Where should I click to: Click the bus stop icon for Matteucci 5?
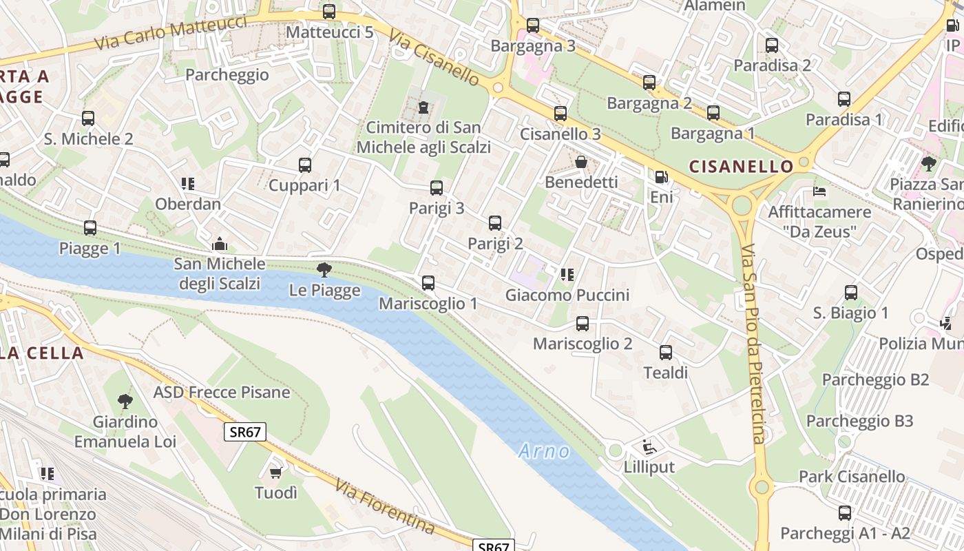(329, 12)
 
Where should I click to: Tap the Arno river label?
(544, 451)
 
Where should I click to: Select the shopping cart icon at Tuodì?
(276, 472)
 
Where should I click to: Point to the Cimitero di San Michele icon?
(423, 107)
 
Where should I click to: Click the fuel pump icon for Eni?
(661, 177)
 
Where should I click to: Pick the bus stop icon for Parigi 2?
(495, 223)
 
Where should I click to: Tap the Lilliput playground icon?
(649, 447)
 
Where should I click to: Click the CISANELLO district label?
(741, 167)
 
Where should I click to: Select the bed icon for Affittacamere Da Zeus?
(819, 191)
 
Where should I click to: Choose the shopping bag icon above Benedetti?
(581, 162)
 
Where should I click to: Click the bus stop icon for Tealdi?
(666, 353)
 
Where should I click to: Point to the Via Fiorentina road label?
(385, 506)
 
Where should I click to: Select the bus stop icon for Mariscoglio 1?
(428, 283)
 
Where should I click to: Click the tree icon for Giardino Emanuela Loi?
(125, 401)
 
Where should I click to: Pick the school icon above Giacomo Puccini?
(567, 275)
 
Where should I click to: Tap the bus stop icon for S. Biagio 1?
(851, 293)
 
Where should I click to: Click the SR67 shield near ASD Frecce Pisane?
(245, 432)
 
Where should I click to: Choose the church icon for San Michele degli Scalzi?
(220, 244)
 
